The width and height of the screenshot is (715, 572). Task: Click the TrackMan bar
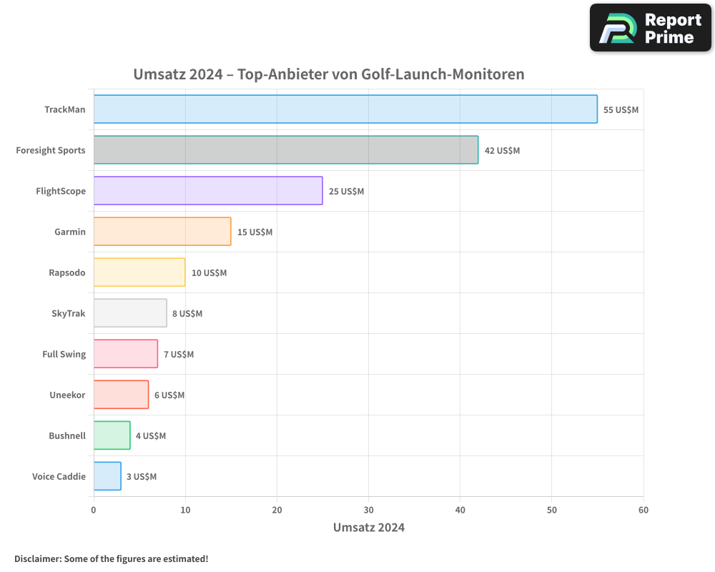pos(345,109)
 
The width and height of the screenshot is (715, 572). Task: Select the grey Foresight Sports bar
pos(286,150)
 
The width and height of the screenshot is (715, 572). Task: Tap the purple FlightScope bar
pos(208,191)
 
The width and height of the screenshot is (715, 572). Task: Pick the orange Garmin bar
pos(162,232)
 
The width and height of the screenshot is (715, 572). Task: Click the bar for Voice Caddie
pos(107,476)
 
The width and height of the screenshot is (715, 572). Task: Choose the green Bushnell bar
pos(112,435)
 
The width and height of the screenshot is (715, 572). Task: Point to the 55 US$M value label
pos(621,110)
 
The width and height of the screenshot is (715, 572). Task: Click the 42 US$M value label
pos(502,151)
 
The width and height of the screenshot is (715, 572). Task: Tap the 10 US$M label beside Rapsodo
pos(209,273)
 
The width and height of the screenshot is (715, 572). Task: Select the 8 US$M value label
pos(187,314)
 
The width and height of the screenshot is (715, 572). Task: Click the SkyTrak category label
pos(69,313)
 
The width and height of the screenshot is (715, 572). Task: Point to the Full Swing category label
pos(64,354)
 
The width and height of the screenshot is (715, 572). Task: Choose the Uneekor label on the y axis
pos(67,395)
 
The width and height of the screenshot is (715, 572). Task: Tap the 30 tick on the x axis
pos(368,510)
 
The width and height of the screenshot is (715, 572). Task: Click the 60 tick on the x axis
pos(643,510)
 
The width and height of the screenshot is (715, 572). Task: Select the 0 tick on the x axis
pos(94,510)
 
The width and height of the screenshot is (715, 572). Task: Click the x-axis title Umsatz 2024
pos(369,528)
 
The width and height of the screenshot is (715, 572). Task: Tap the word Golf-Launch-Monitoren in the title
pos(448,74)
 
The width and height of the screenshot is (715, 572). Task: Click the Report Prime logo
pos(651,28)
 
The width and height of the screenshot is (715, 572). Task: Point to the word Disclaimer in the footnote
pos(37,558)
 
